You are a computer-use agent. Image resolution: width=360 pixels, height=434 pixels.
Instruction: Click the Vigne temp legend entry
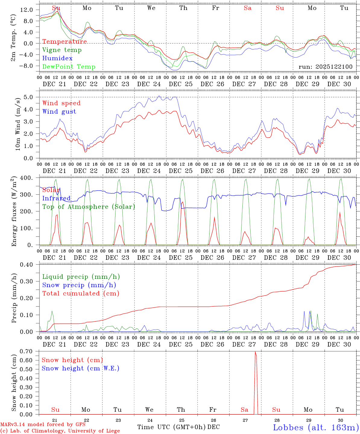62,50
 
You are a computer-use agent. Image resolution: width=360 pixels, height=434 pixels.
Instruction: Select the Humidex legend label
57,58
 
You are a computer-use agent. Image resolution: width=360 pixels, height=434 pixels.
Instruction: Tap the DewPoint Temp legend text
69,67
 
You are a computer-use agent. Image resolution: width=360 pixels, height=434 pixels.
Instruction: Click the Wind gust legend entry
59,112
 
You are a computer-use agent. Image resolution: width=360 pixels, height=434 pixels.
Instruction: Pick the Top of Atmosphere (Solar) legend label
89,207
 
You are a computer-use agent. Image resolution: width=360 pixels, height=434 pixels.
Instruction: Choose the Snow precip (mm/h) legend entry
79,285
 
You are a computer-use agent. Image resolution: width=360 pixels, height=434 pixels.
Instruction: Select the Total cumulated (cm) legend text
81,294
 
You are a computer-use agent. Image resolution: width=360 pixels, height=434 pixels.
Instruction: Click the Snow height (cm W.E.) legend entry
81,368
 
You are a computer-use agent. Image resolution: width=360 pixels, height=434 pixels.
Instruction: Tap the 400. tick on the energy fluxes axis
27,178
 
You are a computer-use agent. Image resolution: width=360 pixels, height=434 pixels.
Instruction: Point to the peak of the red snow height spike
255,352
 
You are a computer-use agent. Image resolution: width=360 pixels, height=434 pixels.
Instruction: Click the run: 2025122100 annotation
325,67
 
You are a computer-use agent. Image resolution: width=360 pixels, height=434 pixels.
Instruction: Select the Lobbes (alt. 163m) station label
316,427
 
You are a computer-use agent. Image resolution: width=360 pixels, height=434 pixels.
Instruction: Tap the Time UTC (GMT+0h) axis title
171,427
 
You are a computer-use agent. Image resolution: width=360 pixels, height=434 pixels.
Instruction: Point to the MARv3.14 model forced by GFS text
43,425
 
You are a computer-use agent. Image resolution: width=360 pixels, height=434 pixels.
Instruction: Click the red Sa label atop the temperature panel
248,8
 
